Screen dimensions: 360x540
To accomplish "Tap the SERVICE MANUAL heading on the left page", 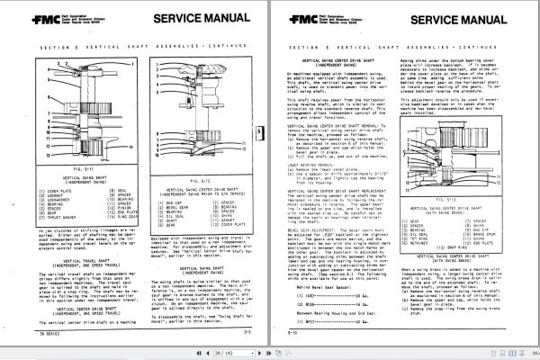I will point(176,16).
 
